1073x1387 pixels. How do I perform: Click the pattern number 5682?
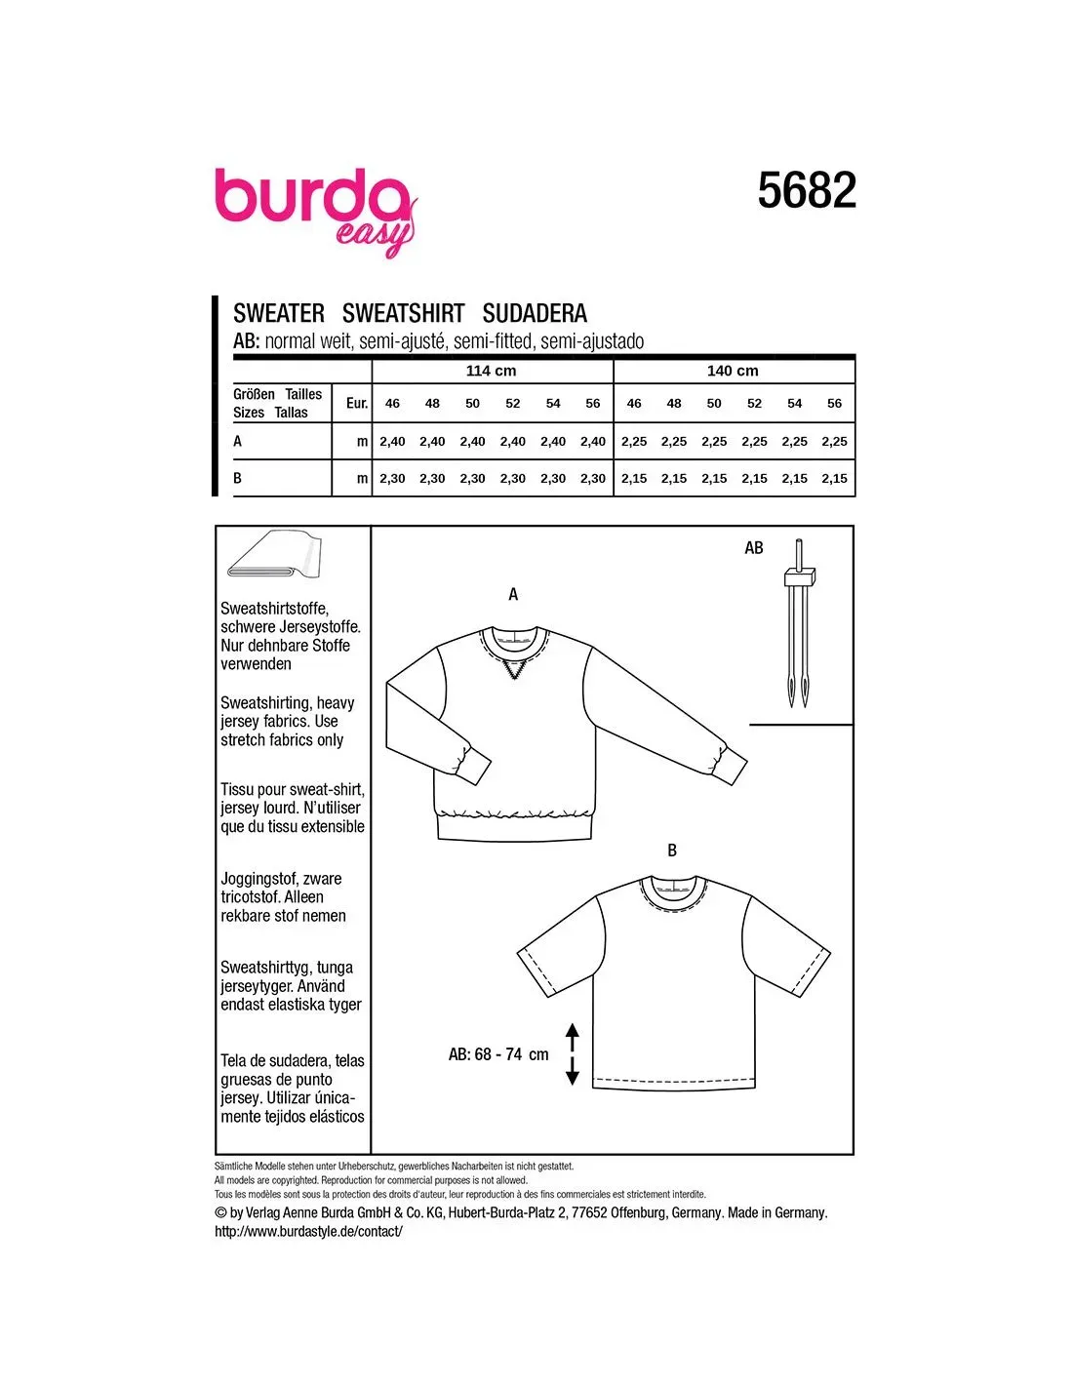[807, 191]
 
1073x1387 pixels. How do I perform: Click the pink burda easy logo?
[315, 208]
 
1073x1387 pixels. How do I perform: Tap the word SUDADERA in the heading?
[535, 313]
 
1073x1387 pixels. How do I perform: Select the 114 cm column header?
[491, 371]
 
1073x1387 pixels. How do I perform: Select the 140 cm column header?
[733, 371]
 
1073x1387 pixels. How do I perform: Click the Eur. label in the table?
[357, 403]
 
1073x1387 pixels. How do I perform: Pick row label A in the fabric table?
[238, 441]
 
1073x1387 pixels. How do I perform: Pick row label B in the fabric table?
[238, 478]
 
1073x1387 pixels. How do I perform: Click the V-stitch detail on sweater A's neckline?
[513, 670]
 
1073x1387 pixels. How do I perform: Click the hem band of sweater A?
[514, 827]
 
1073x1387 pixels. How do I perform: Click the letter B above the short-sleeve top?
[672, 851]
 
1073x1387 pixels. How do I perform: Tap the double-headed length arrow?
[573, 1054]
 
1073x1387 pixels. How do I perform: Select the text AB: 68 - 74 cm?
[498, 1054]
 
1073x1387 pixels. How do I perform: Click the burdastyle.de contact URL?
[308, 1231]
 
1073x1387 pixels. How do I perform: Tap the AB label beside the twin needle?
[754, 548]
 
